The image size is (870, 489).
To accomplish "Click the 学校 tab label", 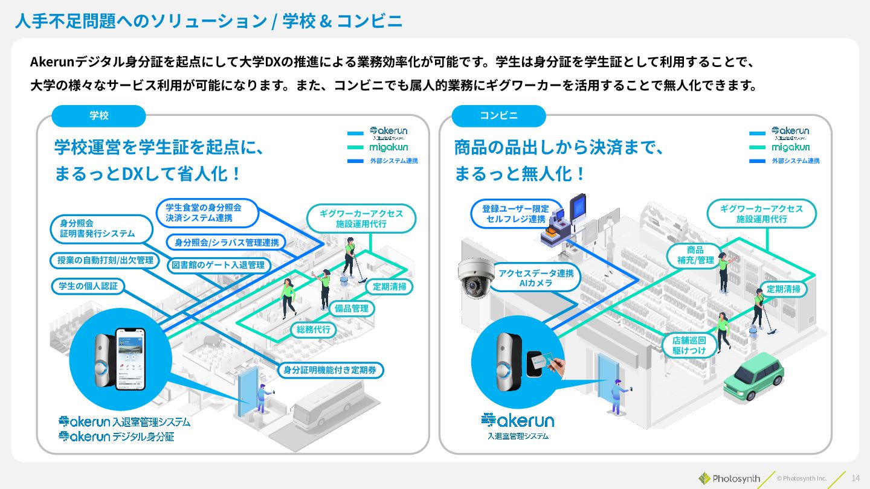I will (x=98, y=116).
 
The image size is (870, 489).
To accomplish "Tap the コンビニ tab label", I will (x=498, y=116).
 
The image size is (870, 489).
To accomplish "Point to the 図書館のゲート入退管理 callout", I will (x=218, y=265).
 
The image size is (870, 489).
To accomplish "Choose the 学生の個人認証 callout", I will (x=88, y=286).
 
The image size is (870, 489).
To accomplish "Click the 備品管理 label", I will (x=351, y=308).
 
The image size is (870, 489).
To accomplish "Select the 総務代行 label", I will (x=314, y=330).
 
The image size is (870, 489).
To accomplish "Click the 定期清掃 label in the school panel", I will (x=389, y=287).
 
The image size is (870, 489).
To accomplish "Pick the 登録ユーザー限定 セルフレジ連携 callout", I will (x=515, y=214).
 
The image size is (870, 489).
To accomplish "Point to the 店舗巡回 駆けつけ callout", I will (x=689, y=345).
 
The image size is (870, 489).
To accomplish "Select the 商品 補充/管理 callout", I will (x=695, y=255).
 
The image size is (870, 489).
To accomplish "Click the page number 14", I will (x=855, y=478).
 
